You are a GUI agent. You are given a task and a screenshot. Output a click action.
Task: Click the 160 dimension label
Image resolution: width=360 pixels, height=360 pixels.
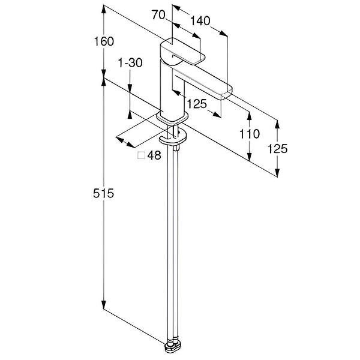104,41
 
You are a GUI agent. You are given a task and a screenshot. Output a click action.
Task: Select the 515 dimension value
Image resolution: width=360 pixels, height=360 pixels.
103,193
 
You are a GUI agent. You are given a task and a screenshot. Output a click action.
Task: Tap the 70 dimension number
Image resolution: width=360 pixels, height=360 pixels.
158,15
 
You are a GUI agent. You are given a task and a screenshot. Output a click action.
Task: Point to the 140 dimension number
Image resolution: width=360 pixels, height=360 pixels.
200,21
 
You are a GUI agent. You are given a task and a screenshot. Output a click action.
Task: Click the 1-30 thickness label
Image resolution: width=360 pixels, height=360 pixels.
130,62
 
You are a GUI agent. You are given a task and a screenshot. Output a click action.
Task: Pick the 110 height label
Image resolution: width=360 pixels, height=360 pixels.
250,134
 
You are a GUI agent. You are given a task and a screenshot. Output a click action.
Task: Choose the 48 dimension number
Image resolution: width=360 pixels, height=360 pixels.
154,155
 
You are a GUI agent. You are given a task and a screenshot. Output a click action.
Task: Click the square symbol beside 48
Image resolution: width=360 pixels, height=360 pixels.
141,155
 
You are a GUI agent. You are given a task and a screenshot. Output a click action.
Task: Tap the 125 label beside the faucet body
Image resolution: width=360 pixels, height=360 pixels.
197,104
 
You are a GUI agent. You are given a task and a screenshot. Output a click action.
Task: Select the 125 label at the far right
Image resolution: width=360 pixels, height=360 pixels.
277,149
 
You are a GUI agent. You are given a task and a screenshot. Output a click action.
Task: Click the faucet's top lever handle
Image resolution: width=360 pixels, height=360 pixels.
181,51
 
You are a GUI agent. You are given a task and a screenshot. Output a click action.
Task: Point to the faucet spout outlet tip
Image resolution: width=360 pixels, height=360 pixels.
227,95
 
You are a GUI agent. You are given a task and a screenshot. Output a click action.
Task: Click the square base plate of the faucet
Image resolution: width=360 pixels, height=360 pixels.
172,118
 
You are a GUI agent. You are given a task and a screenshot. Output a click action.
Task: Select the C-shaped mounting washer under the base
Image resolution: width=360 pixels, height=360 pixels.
173,138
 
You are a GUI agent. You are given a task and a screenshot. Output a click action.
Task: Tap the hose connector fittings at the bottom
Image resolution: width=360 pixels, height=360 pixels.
173,345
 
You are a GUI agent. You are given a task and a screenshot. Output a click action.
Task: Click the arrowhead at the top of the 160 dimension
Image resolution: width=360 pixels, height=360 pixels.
104,9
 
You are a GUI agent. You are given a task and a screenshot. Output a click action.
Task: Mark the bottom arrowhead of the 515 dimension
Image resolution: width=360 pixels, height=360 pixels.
104,304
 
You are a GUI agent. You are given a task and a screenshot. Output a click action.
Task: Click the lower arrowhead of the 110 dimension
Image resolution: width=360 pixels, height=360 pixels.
250,156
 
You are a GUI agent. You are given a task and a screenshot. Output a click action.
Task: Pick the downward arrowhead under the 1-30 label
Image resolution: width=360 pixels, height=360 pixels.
130,89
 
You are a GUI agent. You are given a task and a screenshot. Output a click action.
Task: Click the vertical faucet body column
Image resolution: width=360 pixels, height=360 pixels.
172,89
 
